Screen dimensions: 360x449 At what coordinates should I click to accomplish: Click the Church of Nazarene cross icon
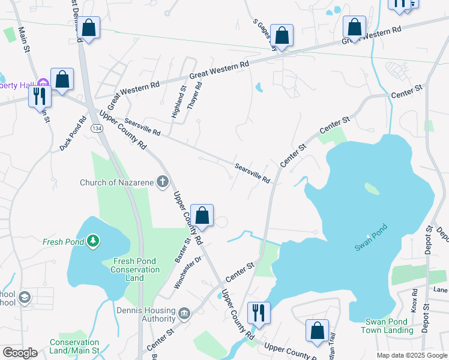162,181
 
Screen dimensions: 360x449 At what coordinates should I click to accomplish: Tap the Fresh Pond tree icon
92,241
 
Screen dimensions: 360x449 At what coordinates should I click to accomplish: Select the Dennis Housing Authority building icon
184,313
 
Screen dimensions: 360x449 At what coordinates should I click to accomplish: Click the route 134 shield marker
96,128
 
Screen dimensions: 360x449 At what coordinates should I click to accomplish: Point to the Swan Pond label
371,238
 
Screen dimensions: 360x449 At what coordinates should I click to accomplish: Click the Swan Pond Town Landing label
385,326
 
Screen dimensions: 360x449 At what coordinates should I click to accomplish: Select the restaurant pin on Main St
40,97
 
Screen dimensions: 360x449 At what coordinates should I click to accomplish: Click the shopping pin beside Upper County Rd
202,216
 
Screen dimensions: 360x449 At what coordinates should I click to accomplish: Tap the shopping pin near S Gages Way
281,35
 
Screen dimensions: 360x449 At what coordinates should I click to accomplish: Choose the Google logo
20,353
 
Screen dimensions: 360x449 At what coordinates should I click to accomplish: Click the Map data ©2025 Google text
411,355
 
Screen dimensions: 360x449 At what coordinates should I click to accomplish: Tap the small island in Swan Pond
372,188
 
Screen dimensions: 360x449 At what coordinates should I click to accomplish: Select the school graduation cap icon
24,297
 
